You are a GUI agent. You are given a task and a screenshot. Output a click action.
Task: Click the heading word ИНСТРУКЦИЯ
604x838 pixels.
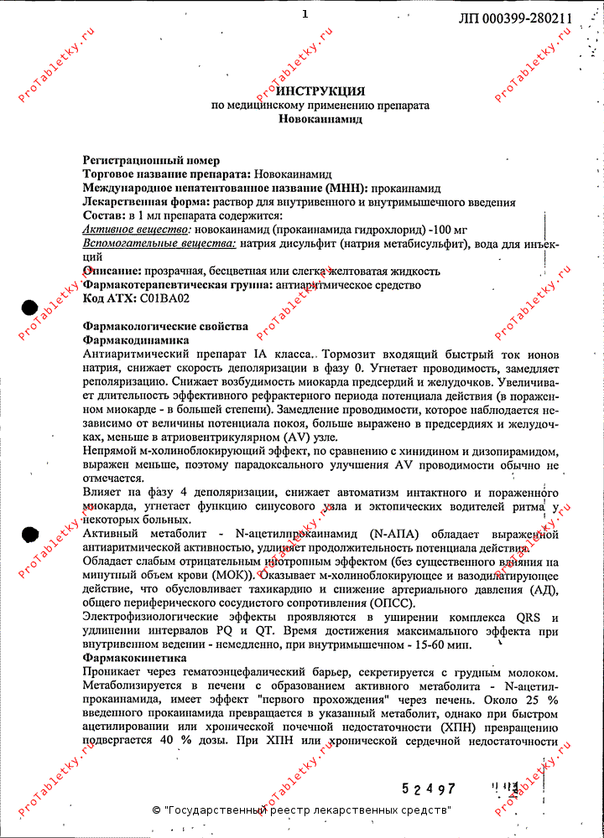tap(320, 91)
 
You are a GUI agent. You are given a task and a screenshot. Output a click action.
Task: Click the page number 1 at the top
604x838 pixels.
tap(305, 14)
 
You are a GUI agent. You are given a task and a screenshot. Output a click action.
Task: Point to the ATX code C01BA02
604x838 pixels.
tap(164, 298)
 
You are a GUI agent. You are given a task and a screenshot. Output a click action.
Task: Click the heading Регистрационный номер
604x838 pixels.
tap(151, 160)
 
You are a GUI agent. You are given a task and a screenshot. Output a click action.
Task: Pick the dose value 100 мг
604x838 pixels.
tap(449, 230)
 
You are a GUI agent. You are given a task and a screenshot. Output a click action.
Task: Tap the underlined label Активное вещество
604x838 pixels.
tap(136, 230)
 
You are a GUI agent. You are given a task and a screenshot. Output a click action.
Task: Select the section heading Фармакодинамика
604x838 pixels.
tap(136, 340)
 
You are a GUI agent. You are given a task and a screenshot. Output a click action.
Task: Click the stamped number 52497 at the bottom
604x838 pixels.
tap(428, 789)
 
